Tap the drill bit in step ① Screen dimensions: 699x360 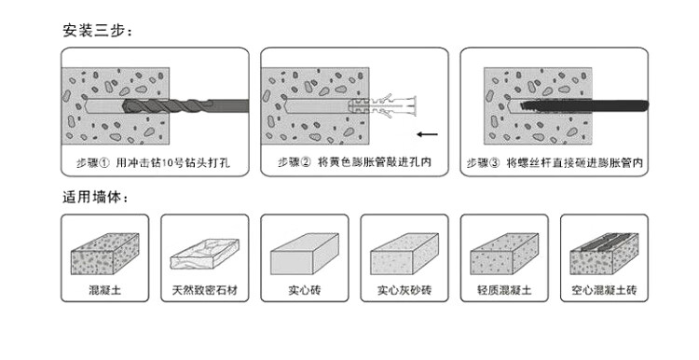point(185,106)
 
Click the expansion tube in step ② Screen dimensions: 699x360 point(382,105)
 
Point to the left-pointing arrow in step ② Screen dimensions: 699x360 point(428,133)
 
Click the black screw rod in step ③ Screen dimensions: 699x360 point(584,106)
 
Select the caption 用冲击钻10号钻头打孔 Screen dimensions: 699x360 point(173,162)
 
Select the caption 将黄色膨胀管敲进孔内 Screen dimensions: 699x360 point(375,162)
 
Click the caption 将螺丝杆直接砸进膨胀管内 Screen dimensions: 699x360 point(575,163)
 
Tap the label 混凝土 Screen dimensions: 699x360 point(104,290)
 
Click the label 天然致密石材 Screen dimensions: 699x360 point(205,290)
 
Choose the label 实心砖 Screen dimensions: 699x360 point(305,290)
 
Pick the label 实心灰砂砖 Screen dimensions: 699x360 point(404,290)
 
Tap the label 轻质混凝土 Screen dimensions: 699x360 point(504,290)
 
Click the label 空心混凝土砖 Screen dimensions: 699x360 point(604,290)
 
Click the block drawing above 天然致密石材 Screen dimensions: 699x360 point(205,254)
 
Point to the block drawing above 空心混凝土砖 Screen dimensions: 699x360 point(604,254)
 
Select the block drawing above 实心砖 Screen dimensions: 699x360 point(305,254)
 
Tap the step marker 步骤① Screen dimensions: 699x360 point(92,162)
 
